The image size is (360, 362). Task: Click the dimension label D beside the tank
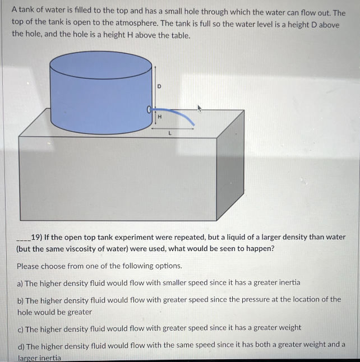pos(159,86)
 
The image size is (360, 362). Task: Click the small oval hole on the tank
pos(150,109)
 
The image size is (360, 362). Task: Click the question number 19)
pos(38,237)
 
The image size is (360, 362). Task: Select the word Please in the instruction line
pos(29,266)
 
